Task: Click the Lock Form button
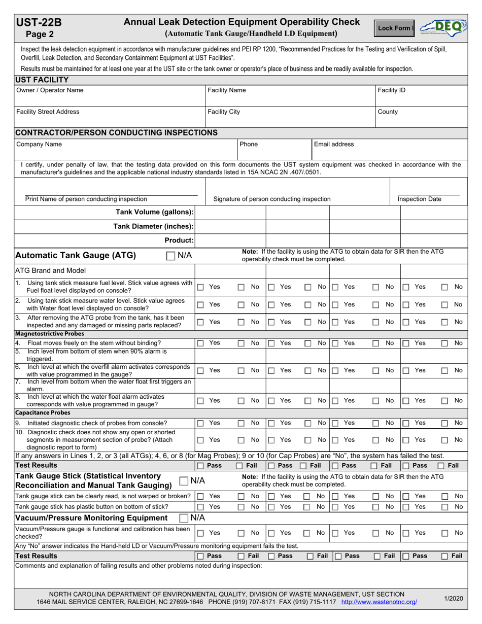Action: point(396,28)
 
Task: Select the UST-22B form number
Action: point(39,22)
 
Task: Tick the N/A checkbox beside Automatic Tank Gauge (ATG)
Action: point(171,256)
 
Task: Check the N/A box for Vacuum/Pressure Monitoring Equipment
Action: point(185,517)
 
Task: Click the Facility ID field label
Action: point(391,90)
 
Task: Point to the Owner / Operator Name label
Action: point(50,90)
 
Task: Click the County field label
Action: point(388,112)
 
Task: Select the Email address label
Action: point(334,144)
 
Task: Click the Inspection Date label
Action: point(419,199)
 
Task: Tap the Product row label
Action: point(179,240)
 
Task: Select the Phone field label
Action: point(249,144)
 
